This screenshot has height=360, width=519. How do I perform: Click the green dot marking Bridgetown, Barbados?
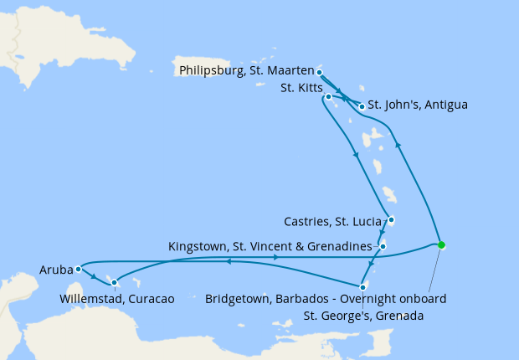441,245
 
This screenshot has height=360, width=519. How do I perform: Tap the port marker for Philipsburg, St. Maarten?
320,73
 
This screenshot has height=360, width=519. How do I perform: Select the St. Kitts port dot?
329,97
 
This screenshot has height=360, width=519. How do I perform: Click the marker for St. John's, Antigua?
362,106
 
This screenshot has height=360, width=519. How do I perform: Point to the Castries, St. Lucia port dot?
391,220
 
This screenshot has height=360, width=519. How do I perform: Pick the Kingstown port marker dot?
382,246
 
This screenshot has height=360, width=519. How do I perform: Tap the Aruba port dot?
77,269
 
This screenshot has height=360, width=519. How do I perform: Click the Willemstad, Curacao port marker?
115,282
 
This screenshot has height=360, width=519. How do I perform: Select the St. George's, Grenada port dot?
362,286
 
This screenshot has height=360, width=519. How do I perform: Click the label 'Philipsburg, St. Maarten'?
246,71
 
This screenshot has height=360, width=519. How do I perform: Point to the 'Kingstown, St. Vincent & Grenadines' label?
270,246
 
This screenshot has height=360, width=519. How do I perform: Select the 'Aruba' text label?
56,270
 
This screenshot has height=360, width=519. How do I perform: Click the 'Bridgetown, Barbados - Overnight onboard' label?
326,299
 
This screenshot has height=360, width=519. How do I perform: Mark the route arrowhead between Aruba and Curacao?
94,276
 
